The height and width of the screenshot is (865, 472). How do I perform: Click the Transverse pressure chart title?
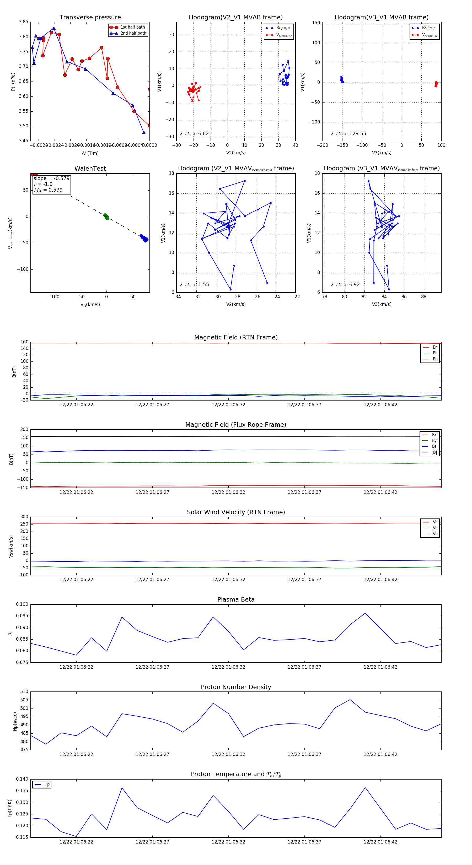point(90,18)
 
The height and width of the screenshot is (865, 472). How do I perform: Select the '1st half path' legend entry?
point(132,27)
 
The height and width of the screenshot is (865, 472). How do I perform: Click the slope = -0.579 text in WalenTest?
point(51,178)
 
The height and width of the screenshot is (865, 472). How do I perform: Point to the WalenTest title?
point(90,169)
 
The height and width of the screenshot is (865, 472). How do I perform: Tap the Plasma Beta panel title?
point(236,599)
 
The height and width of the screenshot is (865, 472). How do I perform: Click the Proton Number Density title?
point(236,687)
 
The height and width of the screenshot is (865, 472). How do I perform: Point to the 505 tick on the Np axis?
point(24,700)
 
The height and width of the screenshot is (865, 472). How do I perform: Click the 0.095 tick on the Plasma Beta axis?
point(22,616)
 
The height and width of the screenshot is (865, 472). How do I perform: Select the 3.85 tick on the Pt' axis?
point(24,22)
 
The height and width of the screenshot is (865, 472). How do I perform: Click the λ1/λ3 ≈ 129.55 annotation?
point(348,134)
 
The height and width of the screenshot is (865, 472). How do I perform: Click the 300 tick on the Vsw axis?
point(24,517)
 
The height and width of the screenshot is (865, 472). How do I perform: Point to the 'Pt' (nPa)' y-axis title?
point(13,82)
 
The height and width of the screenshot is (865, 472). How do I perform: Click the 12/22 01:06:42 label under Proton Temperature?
point(380,842)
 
